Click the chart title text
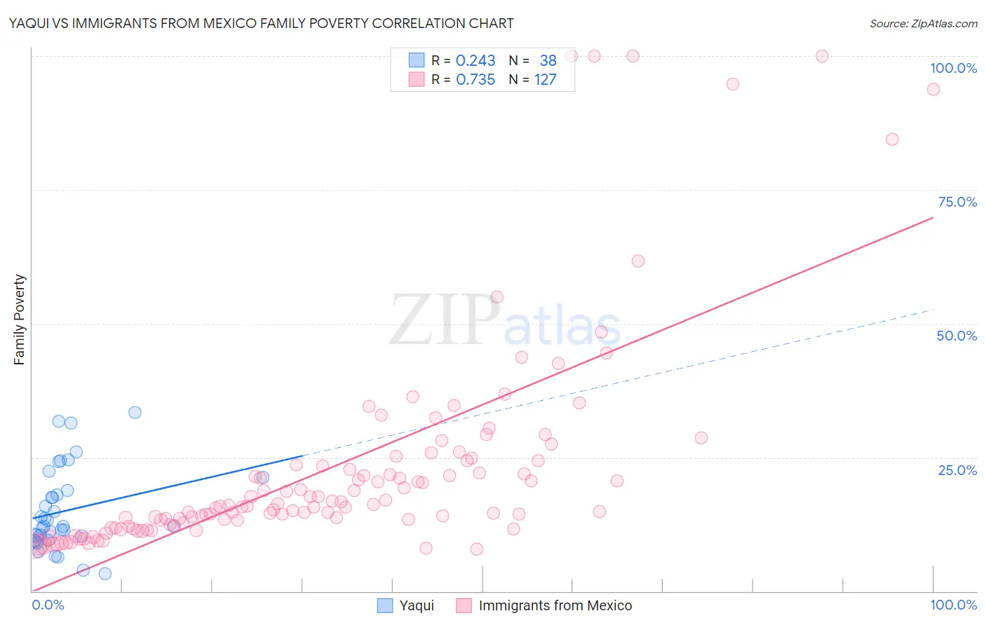point(261,23)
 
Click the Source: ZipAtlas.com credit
point(923,23)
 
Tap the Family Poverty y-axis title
point(20,320)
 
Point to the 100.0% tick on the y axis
point(953,68)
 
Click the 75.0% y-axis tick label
point(957,202)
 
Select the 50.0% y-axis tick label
point(957,336)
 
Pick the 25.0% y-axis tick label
point(957,470)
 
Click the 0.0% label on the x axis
point(48,605)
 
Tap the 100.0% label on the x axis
point(953,605)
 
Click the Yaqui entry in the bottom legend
point(417,605)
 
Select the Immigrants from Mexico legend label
point(555,605)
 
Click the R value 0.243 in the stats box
point(475,61)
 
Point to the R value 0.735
point(475,80)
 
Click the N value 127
point(545,80)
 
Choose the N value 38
point(548,61)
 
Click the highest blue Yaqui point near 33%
point(135,413)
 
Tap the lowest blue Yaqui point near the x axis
point(105,574)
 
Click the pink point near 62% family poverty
point(638,261)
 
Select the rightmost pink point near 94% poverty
point(933,89)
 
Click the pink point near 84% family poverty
point(892,139)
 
